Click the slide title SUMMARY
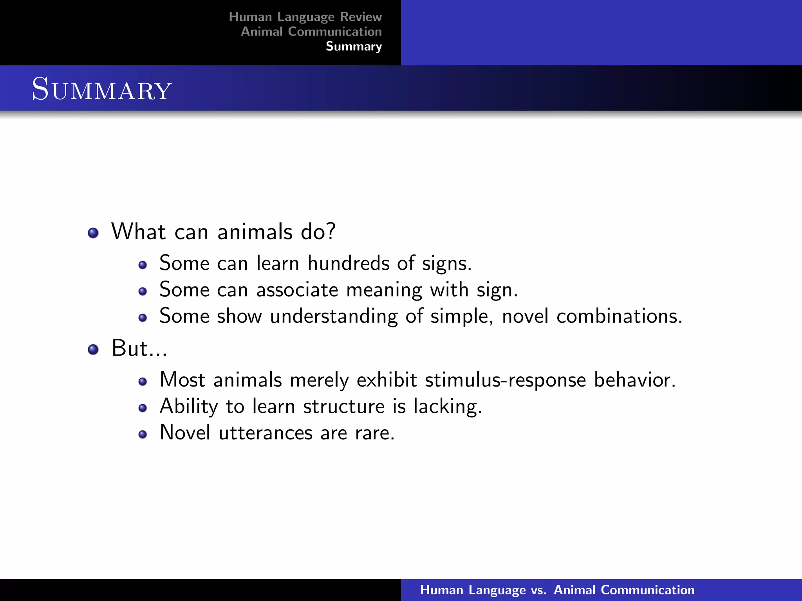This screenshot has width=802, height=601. click(102, 89)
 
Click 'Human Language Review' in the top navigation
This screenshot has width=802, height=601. click(305, 17)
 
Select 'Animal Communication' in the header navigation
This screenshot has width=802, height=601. click(311, 32)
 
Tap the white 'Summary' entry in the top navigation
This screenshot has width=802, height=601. click(354, 47)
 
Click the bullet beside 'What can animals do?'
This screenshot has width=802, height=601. click(93, 233)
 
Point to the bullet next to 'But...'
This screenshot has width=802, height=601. click(93, 349)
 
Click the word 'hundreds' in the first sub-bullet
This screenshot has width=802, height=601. click(348, 263)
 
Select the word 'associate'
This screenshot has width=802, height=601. click(297, 290)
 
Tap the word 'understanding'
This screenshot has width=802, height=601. click(334, 316)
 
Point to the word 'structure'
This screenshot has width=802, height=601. click(344, 407)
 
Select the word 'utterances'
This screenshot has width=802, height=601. click(266, 433)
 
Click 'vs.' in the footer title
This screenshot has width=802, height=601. click(538, 590)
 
